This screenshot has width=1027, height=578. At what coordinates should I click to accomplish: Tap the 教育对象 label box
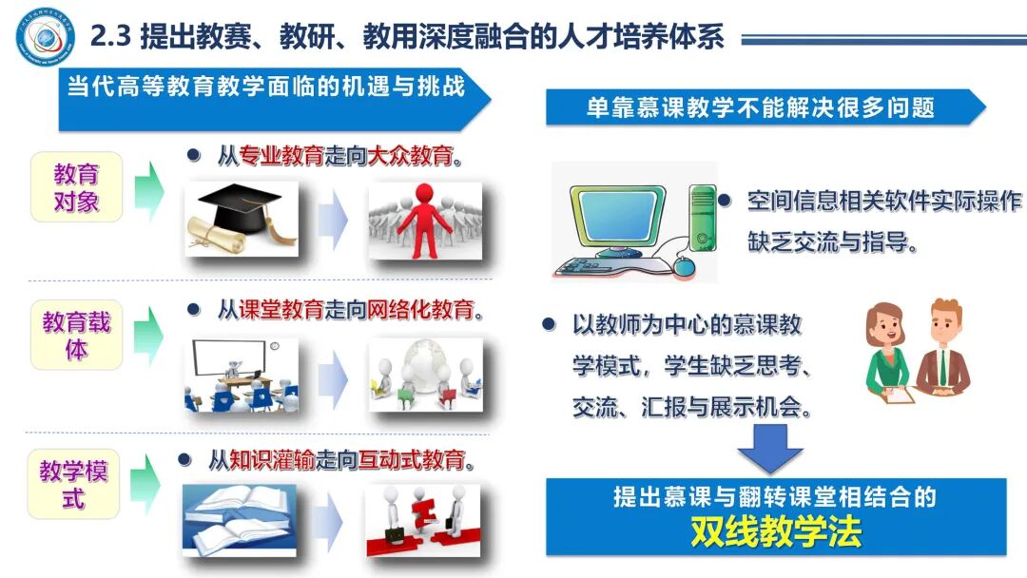(76, 187)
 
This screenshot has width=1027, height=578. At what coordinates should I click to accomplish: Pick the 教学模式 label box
(74, 484)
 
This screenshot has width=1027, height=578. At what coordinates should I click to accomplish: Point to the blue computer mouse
(682, 267)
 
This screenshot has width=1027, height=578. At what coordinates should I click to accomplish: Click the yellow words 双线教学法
(776, 530)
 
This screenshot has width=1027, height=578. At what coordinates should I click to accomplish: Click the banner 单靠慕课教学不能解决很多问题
(760, 106)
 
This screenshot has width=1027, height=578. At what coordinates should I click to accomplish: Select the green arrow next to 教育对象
(147, 186)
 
